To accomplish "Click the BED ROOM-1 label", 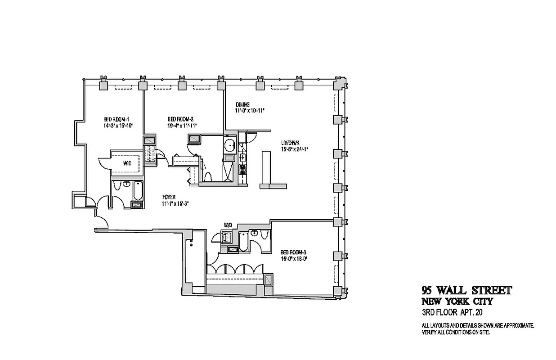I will pos(115,119).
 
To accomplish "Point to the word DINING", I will pos(242,104).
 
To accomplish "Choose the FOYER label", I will pos(169,197).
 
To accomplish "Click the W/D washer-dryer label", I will pos(228,225).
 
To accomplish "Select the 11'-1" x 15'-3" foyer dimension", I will pos(175,203).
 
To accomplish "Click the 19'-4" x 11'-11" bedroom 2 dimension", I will pos(182,126).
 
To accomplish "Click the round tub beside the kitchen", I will pos(229,145).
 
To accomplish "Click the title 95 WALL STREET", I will pos(466,291).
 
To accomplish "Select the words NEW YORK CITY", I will pos(457,301).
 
